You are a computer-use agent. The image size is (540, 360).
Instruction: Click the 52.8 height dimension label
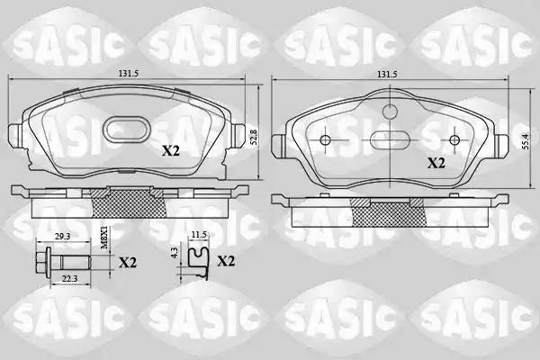pyautogui.click(x=254, y=137)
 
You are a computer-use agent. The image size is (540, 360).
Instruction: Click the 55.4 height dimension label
pyautogui.click(x=526, y=141)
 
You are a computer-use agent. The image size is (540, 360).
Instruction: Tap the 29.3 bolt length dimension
pyautogui.click(x=63, y=237)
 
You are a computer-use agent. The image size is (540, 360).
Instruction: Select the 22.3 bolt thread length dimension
pyautogui.click(x=69, y=279)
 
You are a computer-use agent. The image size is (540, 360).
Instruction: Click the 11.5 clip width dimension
pyautogui.click(x=199, y=235)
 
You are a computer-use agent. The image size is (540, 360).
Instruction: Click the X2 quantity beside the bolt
pyautogui.click(x=128, y=263)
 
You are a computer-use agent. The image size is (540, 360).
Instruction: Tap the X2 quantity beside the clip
pyautogui.click(x=226, y=262)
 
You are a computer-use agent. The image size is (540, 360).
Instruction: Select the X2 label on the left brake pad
pyautogui.click(x=171, y=150)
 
